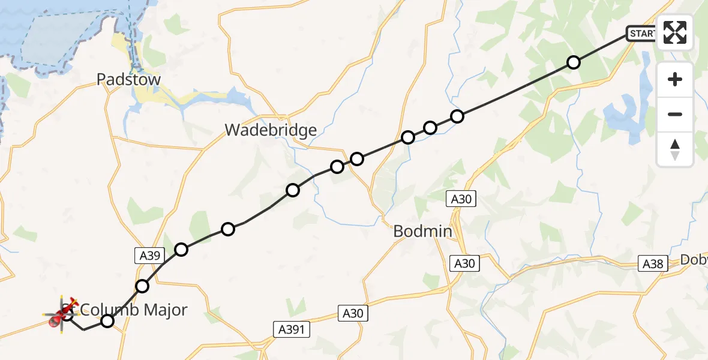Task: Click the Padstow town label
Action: pyautogui.click(x=128, y=80)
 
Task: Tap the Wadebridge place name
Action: pyautogui.click(x=271, y=130)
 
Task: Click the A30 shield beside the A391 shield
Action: pyautogui.click(x=353, y=313)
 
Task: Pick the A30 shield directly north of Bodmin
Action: pyautogui.click(x=461, y=199)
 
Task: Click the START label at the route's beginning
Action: pyautogui.click(x=642, y=34)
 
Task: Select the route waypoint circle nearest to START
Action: pyautogui.click(x=574, y=62)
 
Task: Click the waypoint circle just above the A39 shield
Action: pyautogui.click(x=181, y=250)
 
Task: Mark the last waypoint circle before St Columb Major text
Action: pyautogui.click(x=107, y=321)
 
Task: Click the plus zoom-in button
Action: pyautogui.click(x=675, y=79)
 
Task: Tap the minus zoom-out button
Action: pyautogui.click(x=675, y=114)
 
